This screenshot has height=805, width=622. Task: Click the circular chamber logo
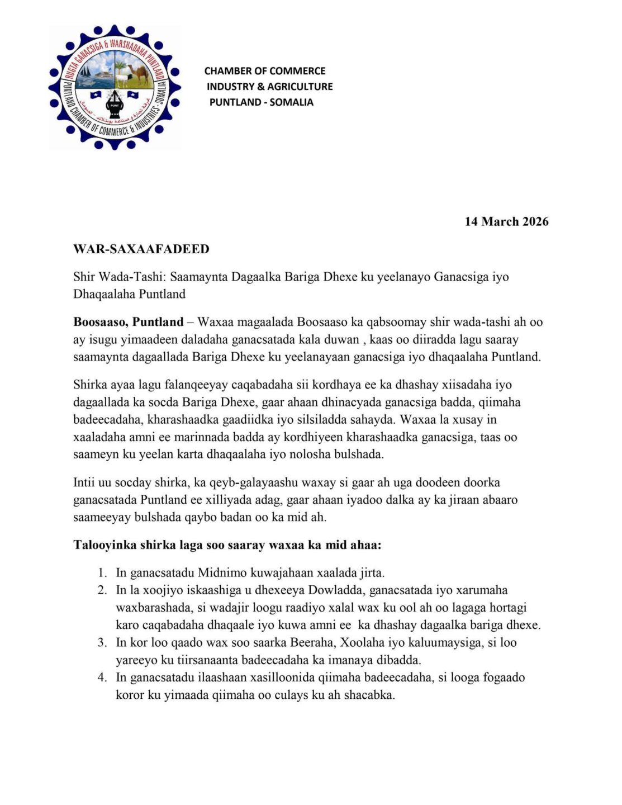(115, 87)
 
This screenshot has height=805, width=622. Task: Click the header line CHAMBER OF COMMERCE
(265, 71)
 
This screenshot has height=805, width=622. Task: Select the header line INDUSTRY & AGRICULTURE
(269, 87)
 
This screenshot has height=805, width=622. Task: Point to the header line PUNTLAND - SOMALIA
(261, 102)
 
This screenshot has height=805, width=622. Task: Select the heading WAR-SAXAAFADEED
(141, 249)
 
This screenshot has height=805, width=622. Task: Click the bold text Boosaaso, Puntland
(129, 322)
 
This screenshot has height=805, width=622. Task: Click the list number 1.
(102, 573)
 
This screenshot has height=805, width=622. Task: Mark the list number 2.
(102, 590)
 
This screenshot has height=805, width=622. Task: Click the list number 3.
(102, 643)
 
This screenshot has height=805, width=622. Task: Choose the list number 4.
(102, 678)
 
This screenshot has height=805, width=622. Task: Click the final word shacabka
(370, 695)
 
